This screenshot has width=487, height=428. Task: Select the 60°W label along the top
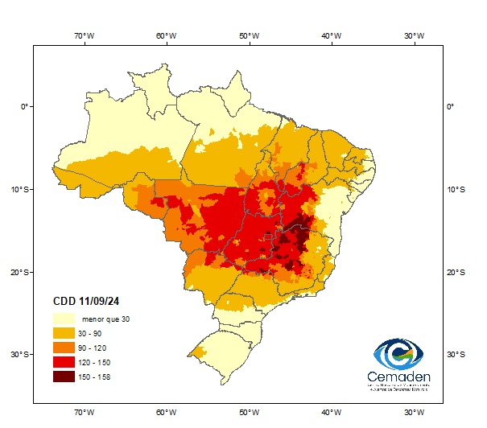point(165,35)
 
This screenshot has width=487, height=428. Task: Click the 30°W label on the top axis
point(414,35)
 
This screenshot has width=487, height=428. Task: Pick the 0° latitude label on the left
point(24,106)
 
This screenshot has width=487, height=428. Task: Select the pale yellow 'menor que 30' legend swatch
point(65,319)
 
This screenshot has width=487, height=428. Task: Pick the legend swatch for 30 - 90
point(65,333)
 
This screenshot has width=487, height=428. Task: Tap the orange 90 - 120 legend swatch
point(65,348)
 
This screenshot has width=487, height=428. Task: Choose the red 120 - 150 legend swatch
point(65,362)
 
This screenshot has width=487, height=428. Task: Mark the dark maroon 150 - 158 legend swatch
point(65,377)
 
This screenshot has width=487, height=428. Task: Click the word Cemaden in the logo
point(398,377)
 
